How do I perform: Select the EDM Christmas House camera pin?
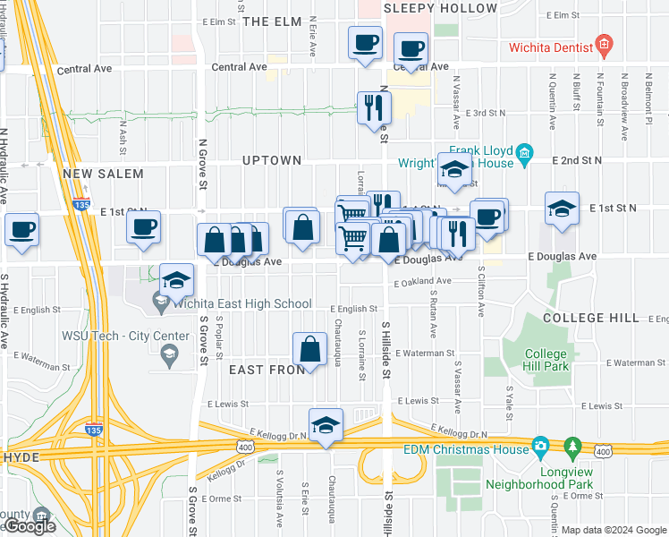point(540,445)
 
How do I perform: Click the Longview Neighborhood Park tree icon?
point(572,445)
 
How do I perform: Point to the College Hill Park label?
point(546,361)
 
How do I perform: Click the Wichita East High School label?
point(241,304)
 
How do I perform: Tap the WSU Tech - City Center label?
point(125,337)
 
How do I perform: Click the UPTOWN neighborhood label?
point(272,160)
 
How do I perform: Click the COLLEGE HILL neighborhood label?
point(590,318)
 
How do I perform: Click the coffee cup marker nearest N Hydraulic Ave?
point(21,229)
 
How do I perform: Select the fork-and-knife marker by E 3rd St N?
point(373,107)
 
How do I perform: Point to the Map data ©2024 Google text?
point(614,530)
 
